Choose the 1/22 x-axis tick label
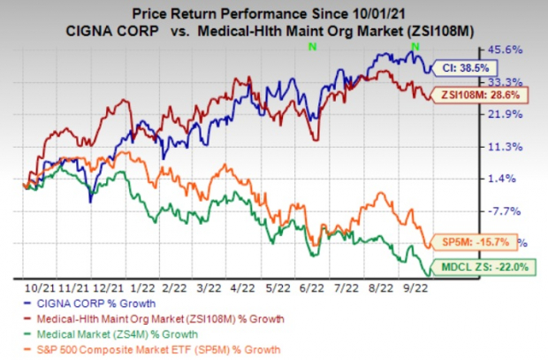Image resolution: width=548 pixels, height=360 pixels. [144, 287]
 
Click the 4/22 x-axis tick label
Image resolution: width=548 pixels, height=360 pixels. [246, 287]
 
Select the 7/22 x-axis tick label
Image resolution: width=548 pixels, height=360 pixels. [346, 287]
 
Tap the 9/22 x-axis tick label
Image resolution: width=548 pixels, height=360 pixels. [415, 287]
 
